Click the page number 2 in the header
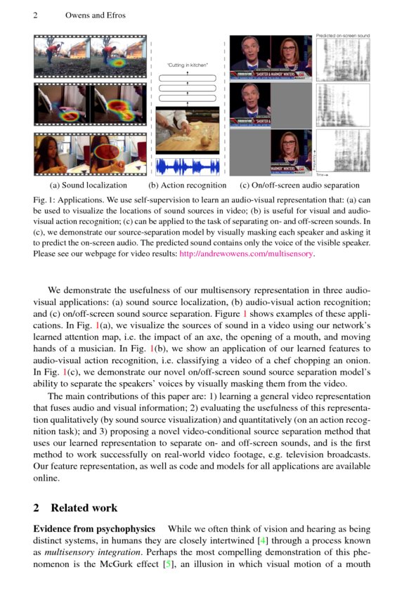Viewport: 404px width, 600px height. click(x=35, y=15)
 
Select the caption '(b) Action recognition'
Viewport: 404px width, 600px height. click(x=188, y=185)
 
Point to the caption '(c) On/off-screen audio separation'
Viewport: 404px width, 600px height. click(x=300, y=185)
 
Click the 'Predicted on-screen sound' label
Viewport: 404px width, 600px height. click(x=342, y=35)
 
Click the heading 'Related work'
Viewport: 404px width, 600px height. click(x=84, y=508)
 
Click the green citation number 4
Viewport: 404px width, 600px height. click(x=263, y=540)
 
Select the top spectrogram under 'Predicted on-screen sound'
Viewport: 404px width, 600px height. click(x=342, y=59)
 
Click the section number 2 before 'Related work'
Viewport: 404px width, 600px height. click(x=37, y=508)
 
